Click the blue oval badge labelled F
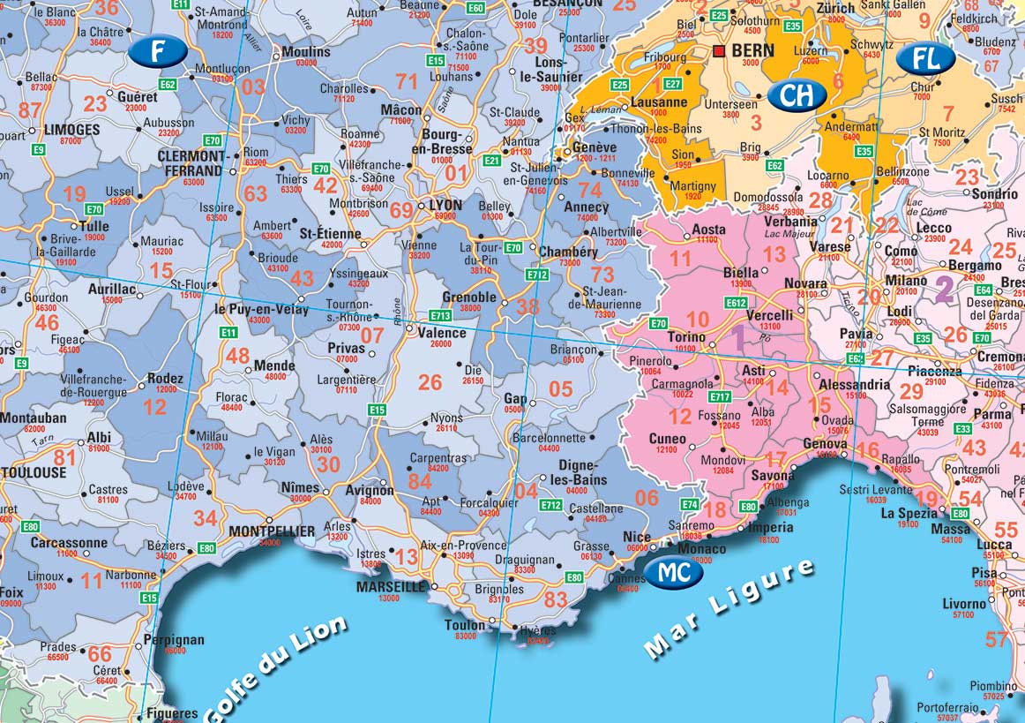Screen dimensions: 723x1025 pos(157,52)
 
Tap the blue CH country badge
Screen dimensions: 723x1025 pos(796,95)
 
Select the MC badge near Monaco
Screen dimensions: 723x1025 pos(674,573)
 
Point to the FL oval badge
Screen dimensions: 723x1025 pos(926,59)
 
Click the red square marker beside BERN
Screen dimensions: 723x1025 pos(719,51)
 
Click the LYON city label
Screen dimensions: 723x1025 pos(445,205)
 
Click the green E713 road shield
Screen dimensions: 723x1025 pos(440,315)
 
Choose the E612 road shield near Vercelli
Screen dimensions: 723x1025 pos(737,303)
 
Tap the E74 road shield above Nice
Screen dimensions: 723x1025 pos(691,504)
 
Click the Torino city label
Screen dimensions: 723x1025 pos(686,337)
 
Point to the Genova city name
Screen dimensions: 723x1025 pos(824,443)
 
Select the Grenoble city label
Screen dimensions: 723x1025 pos(468,297)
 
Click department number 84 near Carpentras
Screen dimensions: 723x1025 pos(420,481)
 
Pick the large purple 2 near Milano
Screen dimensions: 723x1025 pos(944,289)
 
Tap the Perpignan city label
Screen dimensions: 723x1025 pos(176,640)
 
